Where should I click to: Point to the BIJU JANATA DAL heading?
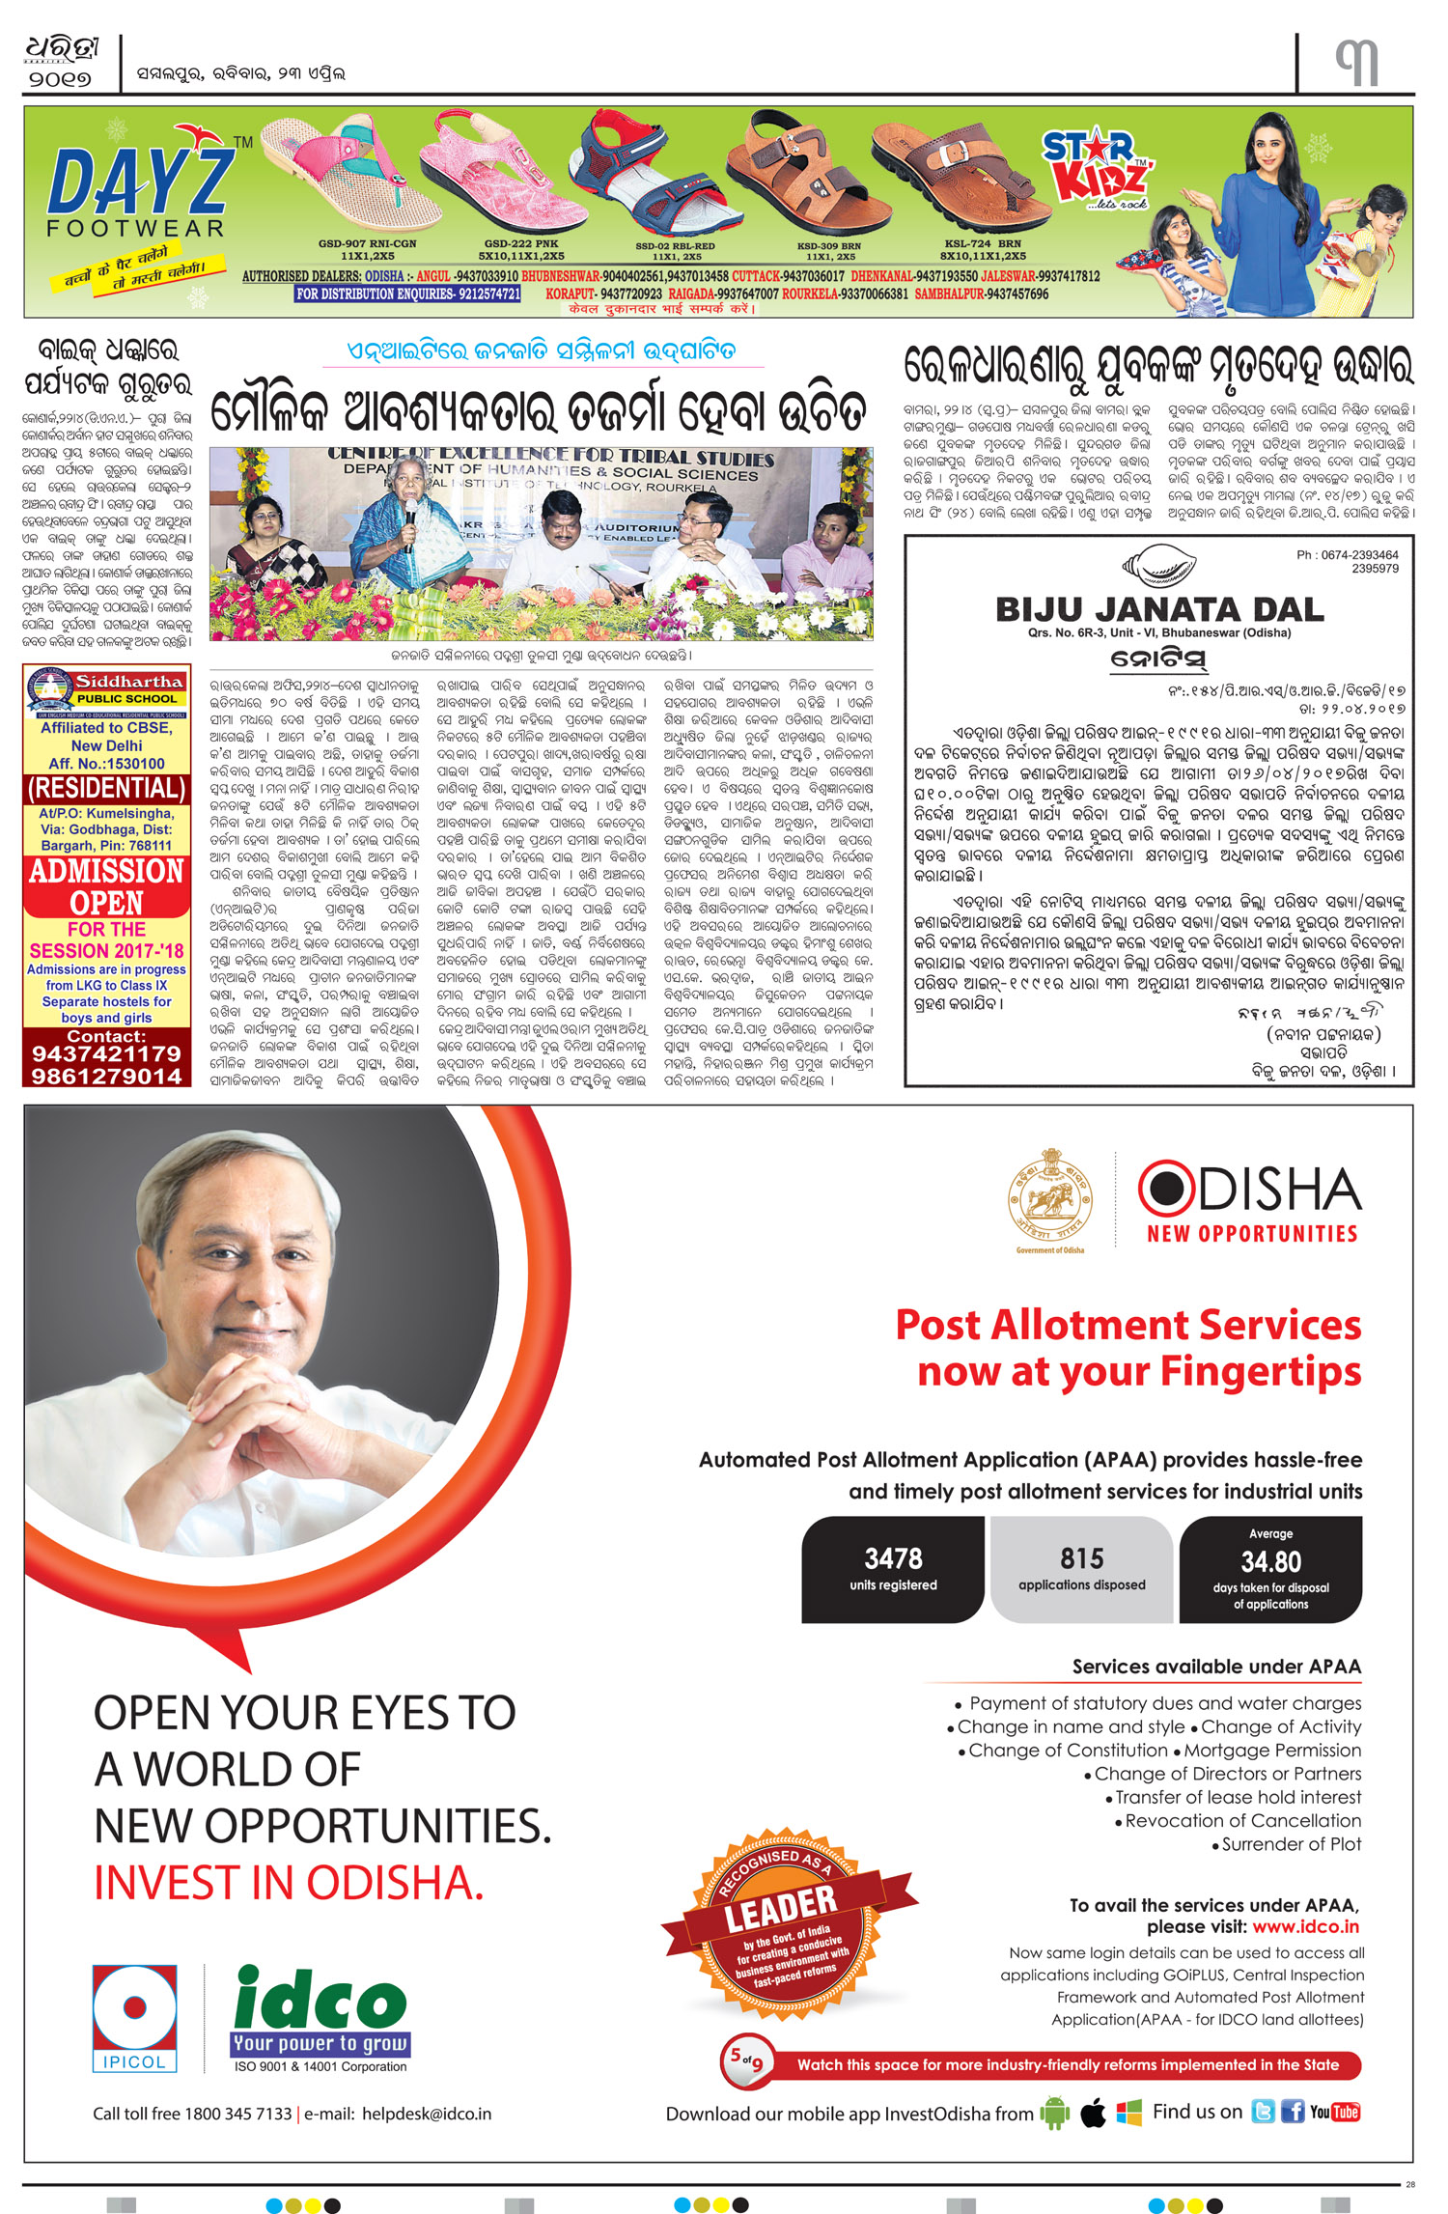coord(1159,610)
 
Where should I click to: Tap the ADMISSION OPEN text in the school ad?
coord(106,886)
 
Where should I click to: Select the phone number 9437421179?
coord(106,1053)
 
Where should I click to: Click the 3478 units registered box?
coord(893,1569)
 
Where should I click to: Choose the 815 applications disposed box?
coord(1081,1569)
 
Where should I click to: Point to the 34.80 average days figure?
coord(1270,1561)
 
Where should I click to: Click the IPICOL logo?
coord(134,2018)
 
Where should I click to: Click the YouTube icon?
coord(1334,2112)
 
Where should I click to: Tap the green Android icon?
coord(1055,2113)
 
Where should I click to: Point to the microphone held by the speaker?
coord(410,512)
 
